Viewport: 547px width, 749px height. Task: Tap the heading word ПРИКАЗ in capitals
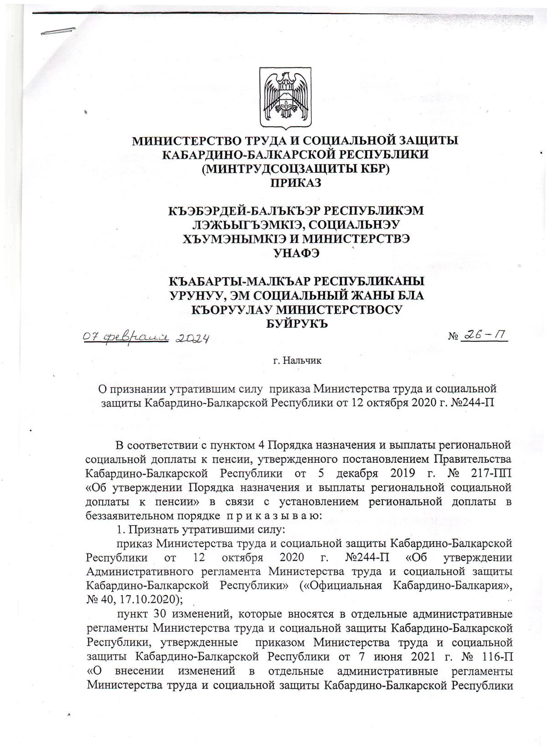[x=296, y=183]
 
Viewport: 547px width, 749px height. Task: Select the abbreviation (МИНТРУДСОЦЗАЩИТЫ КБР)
[x=295, y=169]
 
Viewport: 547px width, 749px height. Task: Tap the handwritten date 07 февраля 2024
[x=145, y=338]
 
